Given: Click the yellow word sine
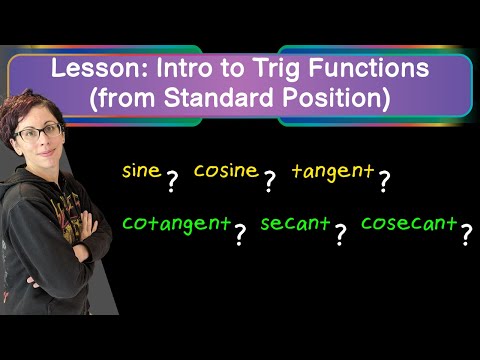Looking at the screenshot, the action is point(142,170).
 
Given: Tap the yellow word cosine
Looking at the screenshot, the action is point(226,170).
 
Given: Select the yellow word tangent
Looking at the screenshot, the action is point(333,172).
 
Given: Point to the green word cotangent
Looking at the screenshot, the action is point(177,224).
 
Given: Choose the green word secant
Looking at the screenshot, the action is point(295,223).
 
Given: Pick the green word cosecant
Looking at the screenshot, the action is point(409,223).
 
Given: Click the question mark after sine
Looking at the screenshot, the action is point(172,182).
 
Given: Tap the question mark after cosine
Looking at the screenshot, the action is point(270,182).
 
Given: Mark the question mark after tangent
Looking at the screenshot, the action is point(384,182).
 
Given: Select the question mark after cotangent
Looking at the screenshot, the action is point(240,234).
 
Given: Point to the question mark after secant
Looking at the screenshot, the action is point(340,234).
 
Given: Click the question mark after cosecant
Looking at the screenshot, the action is point(467,234).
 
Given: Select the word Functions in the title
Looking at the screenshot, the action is point(369,68).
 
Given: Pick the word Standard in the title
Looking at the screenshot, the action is point(220,97).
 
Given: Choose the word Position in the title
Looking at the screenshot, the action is point(333,98).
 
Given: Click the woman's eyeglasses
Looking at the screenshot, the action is point(37,132).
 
